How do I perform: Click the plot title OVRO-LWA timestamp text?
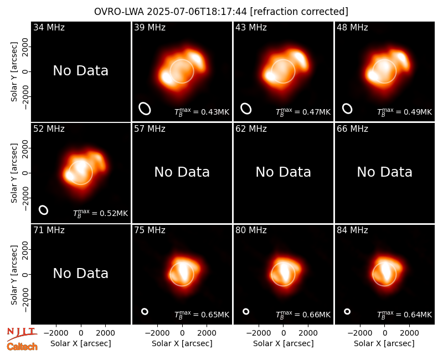point(221,12)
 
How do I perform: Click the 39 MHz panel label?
point(150,27)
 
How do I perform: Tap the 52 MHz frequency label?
point(49,129)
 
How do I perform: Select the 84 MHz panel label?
point(352,230)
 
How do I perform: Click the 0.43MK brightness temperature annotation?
point(202,112)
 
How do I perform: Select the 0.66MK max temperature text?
point(303,315)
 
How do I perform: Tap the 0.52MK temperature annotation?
point(101,213)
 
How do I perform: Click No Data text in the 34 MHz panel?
point(80,71)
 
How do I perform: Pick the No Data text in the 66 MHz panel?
point(384,172)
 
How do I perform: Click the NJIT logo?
point(22,333)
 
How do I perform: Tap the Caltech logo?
point(22,347)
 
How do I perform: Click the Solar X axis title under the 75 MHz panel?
point(182,343)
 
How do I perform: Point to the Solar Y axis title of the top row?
point(14,72)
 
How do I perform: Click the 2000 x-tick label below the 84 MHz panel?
point(409,333)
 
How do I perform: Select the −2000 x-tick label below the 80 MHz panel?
point(256,333)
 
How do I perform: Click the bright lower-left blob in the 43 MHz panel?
point(270,76)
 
